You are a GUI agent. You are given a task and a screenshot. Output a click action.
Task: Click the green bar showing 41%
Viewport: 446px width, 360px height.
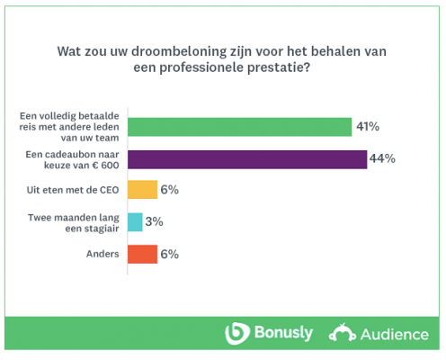(239, 127)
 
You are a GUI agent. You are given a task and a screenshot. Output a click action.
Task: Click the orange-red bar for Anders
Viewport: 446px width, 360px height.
(142, 254)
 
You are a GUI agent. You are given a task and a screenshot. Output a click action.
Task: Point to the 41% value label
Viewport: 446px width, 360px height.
(368, 127)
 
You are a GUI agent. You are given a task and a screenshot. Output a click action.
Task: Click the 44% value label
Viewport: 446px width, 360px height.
(383, 158)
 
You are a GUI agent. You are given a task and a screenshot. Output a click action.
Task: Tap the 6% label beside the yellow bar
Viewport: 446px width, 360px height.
(171, 190)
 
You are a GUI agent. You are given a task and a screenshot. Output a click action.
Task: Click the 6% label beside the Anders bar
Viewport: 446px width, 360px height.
(171, 254)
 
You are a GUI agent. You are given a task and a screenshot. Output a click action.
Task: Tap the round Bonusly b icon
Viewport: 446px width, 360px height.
(236, 333)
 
